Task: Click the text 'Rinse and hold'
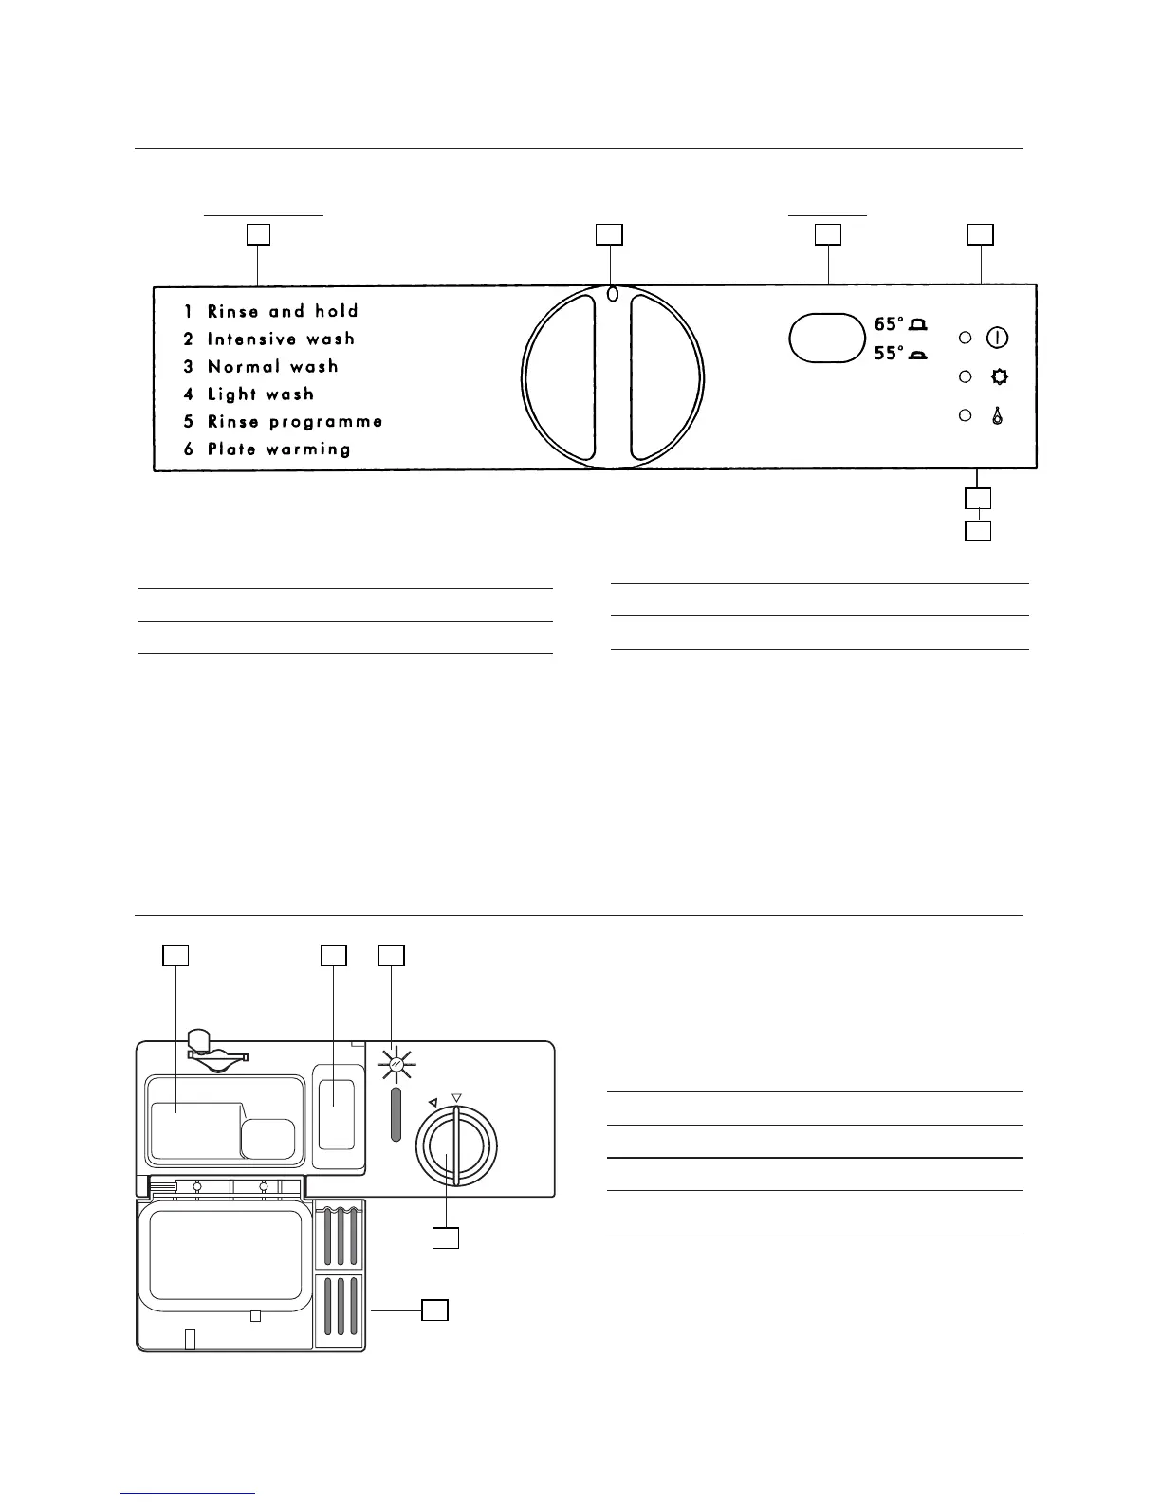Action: click(x=283, y=311)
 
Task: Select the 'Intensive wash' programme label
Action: click(x=281, y=339)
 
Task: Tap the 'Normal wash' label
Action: click(x=272, y=366)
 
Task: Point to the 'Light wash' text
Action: click(x=260, y=394)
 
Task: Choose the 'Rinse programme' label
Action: click(x=295, y=421)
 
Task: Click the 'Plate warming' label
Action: click(x=279, y=449)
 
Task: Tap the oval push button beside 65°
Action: click(x=826, y=338)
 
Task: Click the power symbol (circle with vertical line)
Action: click(x=998, y=337)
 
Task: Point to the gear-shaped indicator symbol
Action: click(x=998, y=376)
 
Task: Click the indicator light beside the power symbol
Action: click(x=966, y=338)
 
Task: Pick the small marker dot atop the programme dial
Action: click(x=612, y=294)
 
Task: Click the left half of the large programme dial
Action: click(x=560, y=377)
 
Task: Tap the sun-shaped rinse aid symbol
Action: click(x=396, y=1067)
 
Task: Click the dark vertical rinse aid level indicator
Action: click(x=396, y=1114)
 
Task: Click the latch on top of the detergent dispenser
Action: click(x=217, y=1051)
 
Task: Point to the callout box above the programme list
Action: click(x=258, y=234)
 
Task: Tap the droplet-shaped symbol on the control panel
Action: click(x=998, y=415)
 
